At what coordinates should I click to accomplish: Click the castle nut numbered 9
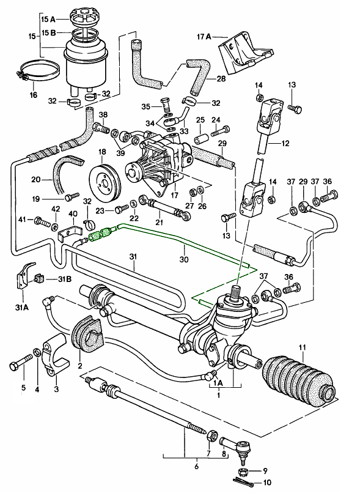pyautogui.click(x=243, y=472)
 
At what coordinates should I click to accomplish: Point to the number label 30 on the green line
pyautogui.click(x=184, y=259)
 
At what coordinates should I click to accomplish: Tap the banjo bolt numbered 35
pyautogui.click(x=166, y=104)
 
